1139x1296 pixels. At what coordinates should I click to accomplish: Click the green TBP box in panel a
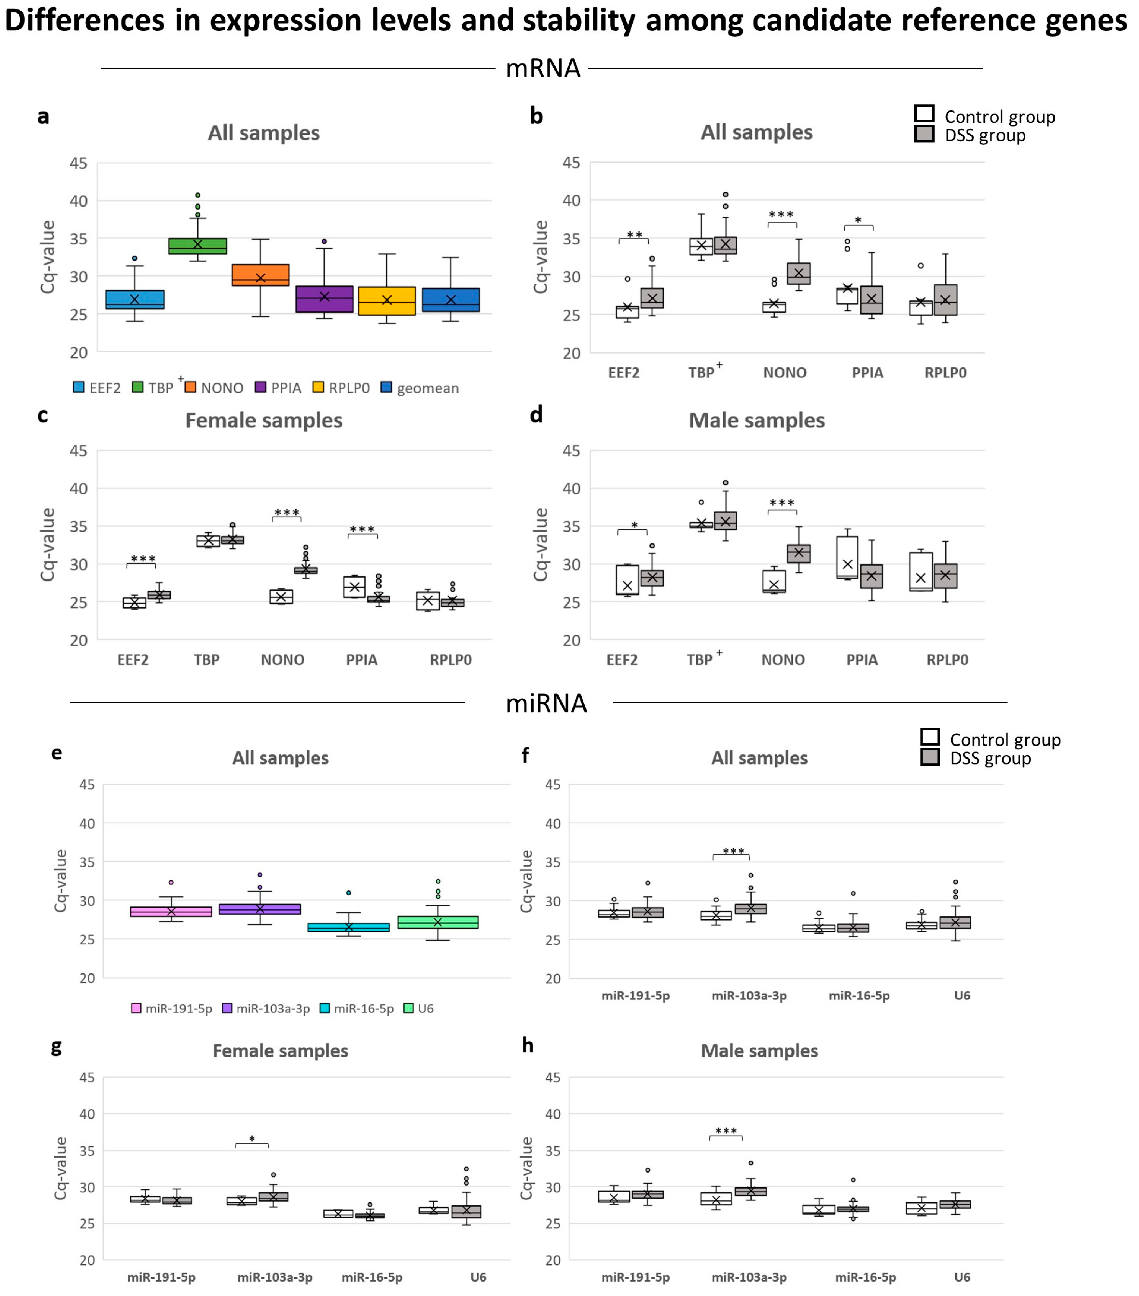tap(197, 246)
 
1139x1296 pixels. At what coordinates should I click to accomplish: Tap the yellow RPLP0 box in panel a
tap(387, 301)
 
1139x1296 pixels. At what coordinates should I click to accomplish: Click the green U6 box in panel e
tap(438, 922)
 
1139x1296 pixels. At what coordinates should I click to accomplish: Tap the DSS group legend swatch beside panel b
tap(924, 134)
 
